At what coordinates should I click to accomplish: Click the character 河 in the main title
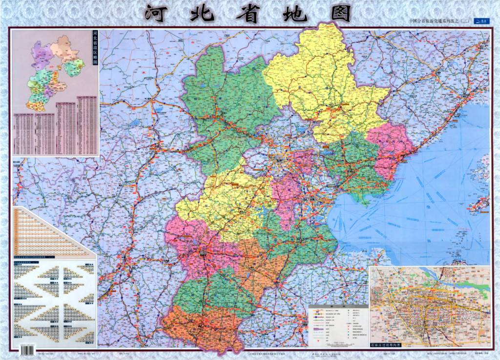click(160, 14)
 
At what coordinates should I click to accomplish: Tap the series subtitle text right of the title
click(438, 21)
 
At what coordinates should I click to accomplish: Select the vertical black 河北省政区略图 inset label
click(95, 49)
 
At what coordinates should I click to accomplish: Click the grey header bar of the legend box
click(338, 306)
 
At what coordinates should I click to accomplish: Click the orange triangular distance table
click(49, 234)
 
